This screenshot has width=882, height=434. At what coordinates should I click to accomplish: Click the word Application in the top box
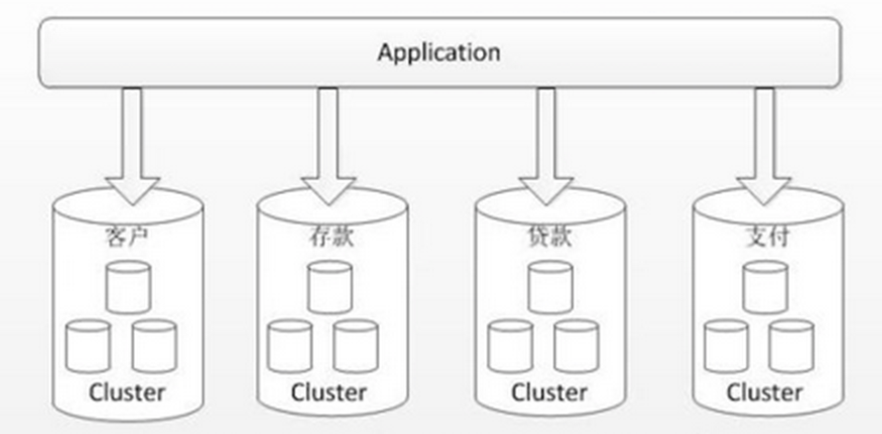coord(439,52)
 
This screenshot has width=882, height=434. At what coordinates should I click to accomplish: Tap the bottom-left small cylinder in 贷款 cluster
coord(510,347)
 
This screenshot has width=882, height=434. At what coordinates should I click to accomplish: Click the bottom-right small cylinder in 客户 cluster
coord(155,347)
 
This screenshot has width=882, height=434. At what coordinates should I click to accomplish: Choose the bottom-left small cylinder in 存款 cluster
coord(290,347)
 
